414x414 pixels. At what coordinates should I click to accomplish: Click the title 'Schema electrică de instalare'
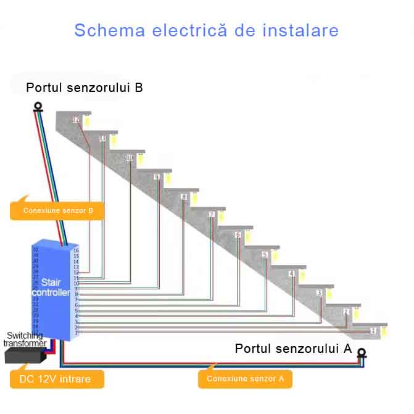click(x=206, y=30)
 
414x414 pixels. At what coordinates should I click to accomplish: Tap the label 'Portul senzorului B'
click(x=85, y=88)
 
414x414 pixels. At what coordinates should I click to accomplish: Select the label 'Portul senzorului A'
click(x=293, y=349)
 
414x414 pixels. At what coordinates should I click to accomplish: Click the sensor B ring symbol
click(x=39, y=106)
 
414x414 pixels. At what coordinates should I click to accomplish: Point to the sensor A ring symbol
click(x=362, y=354)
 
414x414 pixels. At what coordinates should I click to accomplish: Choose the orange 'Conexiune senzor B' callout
click(x=57, y=210)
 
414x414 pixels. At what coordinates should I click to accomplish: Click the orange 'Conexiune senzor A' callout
click(x=245, y=379)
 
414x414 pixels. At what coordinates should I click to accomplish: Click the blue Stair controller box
click(x=51, y=290)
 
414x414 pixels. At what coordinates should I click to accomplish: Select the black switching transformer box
click(x=24, y=355)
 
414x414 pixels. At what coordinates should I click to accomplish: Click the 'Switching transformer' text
click(x=25, y=339)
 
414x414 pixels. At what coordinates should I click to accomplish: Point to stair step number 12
click(x=76, y=120)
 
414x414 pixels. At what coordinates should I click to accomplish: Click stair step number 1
click(x=373, y=331)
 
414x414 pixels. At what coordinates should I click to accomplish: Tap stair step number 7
click(x=211, y=215)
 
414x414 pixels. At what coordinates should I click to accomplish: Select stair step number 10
click(x=130, y=159)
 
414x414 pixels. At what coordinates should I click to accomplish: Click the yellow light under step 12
click(x=87, y=121)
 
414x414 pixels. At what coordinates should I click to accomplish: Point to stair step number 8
click(x=184, y=197)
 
